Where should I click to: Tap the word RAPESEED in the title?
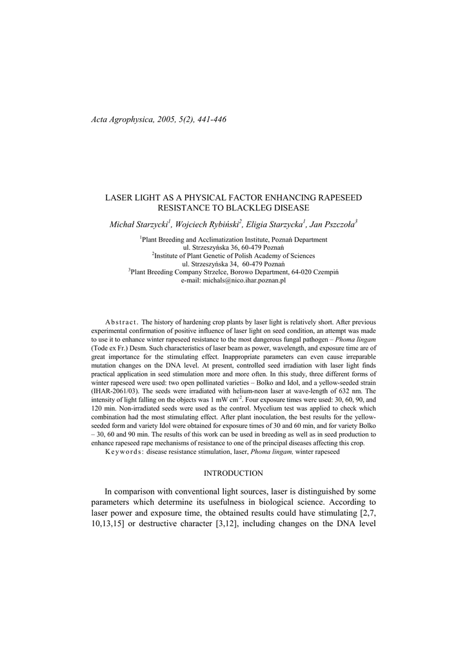point(338,196)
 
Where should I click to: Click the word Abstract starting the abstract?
point(121,321)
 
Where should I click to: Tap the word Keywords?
point(124,452)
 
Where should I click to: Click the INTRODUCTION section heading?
point(233,473)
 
